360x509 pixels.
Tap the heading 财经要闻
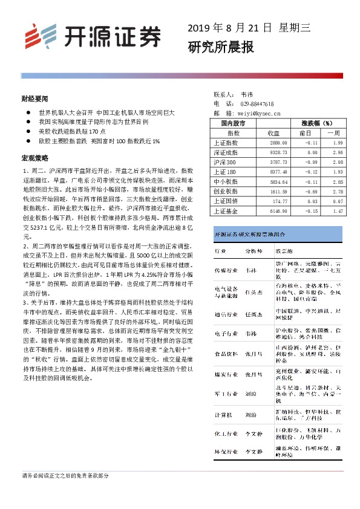tap(34, 97)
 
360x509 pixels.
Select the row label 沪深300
tap(225, 162)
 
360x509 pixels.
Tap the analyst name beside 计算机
tap(250, 416)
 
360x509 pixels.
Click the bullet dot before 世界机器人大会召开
tap(28, 112)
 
